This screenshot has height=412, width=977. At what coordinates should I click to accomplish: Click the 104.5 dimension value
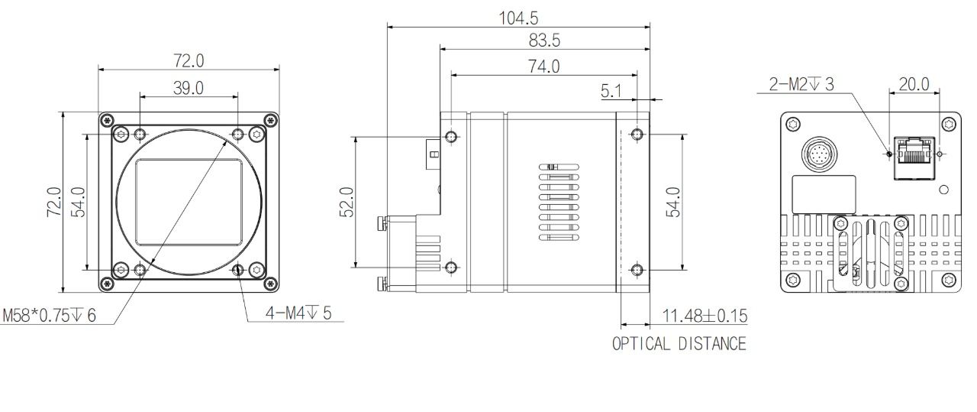click(518, 18)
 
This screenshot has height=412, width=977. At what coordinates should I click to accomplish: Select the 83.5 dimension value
click(544, 41)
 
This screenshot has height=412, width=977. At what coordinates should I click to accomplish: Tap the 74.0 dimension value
click(544, 67)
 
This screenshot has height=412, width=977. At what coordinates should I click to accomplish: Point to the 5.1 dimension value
click(611, 91)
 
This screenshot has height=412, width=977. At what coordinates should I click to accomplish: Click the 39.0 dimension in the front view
click(189, 88)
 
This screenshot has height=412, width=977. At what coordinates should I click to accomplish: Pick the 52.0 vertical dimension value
click(347, 202)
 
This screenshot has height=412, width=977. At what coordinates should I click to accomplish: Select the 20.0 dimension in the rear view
click(914, 84)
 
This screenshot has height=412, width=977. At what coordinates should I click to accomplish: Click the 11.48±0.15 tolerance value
click(705, 316)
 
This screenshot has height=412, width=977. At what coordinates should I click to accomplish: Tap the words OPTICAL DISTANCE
click(679, 344)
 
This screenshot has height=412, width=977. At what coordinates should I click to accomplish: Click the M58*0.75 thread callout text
click(49, 315)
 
